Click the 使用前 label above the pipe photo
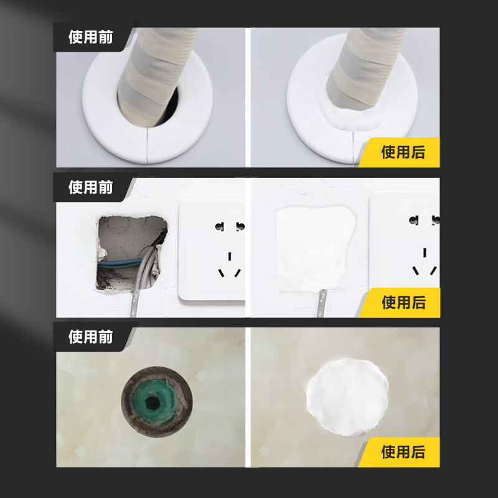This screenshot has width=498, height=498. pyautogui.click(x=90, y=37)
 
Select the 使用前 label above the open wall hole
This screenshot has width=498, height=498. pyautogui.click(x=90, y=187)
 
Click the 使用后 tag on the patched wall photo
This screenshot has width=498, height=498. pyautogui.click(x=403, y=302)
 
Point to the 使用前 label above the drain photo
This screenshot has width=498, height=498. pyautogui.click(x=90, y=337)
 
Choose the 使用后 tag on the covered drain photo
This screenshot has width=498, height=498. pyautogui.click(x=403, y=452)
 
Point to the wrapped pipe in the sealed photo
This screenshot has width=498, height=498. pyautogui.click(x=361, y=68)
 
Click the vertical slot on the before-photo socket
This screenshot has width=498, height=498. pyautogui.click(x=230, y=256)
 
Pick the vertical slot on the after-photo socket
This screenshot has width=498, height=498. pyautogui.click(x=425, y=253)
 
